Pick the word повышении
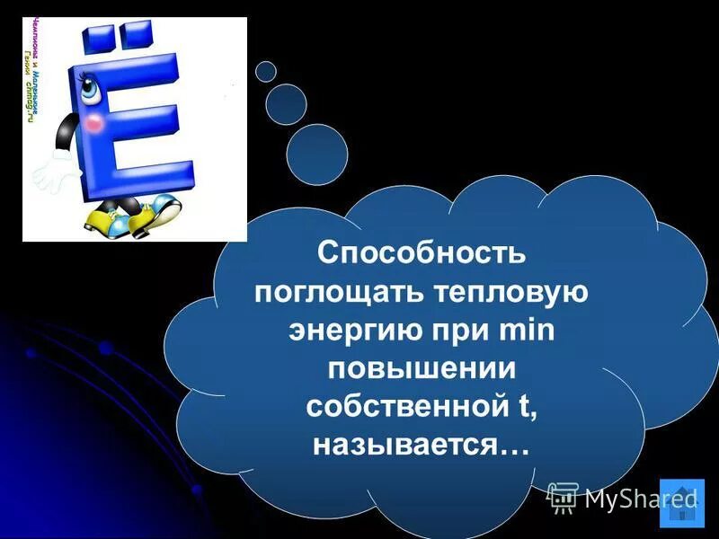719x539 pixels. coord(421,367)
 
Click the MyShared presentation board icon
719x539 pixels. coord(563,498)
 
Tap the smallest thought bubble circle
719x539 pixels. coord(266,70)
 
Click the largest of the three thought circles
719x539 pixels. coord(316,154)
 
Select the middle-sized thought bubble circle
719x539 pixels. coord(287,103)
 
